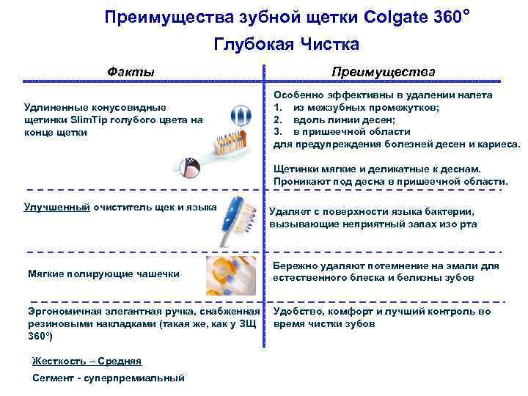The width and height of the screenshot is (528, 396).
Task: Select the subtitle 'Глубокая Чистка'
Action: pos(286,45)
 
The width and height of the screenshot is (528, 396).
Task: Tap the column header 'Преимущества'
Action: pos(383,72)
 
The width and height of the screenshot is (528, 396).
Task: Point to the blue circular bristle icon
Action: pos(240,115)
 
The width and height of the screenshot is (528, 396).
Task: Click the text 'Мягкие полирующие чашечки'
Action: pos(103,274)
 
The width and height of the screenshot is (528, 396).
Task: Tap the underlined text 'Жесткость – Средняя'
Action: pos(87,361)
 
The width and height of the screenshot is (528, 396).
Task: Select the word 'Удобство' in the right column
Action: pos(298,311)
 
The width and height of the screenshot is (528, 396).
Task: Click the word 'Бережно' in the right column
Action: pos(295,265)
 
